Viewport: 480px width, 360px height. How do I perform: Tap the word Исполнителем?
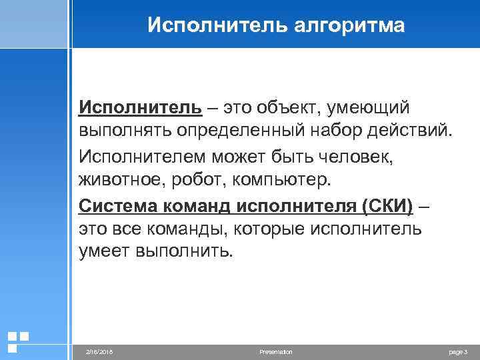click(141, 155)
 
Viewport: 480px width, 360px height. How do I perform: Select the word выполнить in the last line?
click(185, 253)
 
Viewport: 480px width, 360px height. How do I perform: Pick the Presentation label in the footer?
click(275, 351)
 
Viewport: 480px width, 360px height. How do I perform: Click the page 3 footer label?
click(459, 351)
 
